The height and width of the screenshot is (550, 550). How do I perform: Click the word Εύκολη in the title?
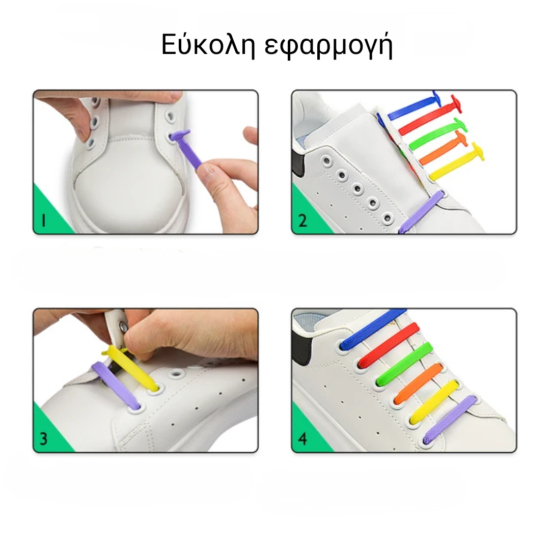208,45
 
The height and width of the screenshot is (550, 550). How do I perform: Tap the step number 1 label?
43,221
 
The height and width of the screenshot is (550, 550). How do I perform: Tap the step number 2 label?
302,221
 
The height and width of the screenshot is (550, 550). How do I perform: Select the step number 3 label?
43,439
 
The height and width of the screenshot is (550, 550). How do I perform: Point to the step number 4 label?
302,439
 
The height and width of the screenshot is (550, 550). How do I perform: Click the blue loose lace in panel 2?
414,107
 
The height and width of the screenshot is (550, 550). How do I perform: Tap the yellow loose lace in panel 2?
456,161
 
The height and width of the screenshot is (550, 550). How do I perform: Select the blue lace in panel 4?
372,328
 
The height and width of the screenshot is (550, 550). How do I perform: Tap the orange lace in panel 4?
418,383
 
